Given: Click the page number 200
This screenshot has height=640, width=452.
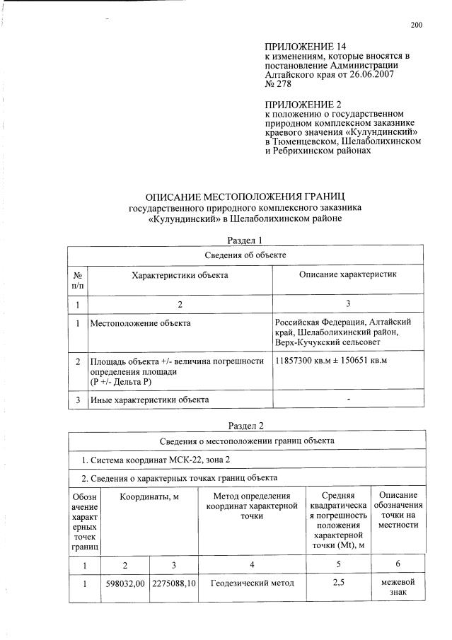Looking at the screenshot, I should (416, 25).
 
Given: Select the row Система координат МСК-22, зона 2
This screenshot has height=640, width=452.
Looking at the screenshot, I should (147, 460).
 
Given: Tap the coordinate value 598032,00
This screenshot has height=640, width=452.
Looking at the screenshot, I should (125, 583).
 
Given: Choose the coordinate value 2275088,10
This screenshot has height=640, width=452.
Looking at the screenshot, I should (174, 583).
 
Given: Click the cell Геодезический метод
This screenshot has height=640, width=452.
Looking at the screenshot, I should (252, 583).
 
